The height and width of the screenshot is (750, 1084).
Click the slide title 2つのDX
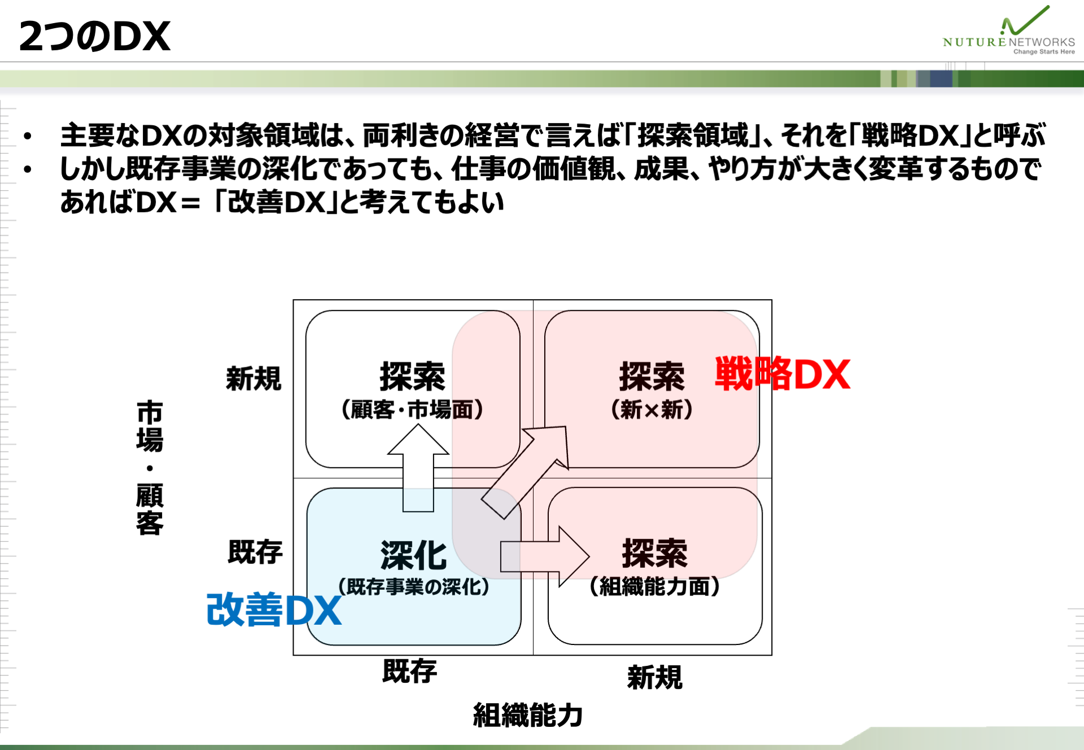95,36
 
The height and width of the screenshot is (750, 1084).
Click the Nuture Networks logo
1009,30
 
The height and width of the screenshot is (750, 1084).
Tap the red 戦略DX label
783,374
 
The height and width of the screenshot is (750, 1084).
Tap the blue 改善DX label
274,609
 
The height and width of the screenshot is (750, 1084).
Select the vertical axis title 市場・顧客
150,467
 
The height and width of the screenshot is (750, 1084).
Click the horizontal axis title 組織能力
527,715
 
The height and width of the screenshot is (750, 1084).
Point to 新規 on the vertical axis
253,378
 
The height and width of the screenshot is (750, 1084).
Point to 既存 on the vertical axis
255,551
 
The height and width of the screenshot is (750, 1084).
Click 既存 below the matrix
410,671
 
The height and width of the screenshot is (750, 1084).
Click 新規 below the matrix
655,677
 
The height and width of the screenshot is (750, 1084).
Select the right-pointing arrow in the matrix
545,557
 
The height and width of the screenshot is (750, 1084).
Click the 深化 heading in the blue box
413,555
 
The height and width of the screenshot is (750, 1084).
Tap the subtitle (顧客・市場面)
412,410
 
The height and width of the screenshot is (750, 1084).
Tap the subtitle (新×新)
652,410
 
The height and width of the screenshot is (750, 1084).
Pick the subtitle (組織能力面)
654,587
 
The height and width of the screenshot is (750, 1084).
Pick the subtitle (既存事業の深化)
413,587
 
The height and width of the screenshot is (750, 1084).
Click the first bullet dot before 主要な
27,136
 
